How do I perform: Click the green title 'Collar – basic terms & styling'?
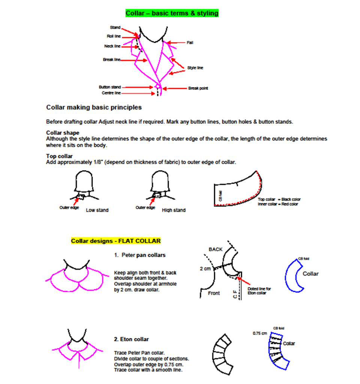tap(172, 13)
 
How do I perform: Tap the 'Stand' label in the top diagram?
tap(115, 28)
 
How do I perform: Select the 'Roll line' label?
tap(114, 36)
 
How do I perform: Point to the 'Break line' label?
tap(112, 60)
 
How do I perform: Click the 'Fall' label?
tap(190, 43)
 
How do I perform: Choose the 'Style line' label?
tap(195, 68)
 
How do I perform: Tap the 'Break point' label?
tap(198, 88)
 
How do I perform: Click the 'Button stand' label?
tap(110, 87)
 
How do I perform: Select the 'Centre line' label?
tap(111, 93)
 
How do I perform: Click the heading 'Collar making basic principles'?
tap(94, 108)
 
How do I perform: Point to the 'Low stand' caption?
tap(97, 210)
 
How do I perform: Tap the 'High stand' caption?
tap(174, 210)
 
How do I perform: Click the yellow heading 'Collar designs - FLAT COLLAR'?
tap(116, 241)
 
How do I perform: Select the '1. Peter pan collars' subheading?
tap(140, 255)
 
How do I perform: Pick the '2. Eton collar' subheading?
tap(131, 339)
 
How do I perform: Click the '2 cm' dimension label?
tap(205, 269)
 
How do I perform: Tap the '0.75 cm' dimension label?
tap(259, 333)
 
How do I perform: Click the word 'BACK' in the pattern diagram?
tap(216, 249)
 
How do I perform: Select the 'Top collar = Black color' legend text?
tap(279, 199)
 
